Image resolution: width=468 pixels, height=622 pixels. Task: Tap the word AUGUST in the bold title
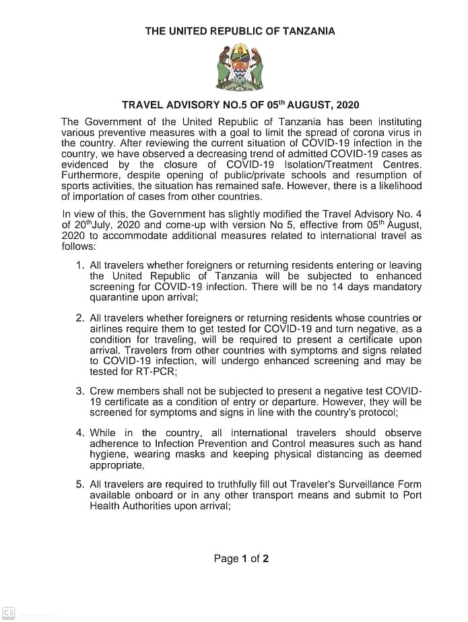305,105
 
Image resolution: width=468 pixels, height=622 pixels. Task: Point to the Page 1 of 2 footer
241,558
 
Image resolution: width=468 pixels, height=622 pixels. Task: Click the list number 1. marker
80,265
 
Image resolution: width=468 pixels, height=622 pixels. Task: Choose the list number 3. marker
80,391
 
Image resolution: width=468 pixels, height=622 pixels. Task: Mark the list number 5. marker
80,484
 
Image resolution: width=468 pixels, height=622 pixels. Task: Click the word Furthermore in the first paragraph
91,175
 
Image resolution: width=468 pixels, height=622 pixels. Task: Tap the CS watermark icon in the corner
9,613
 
